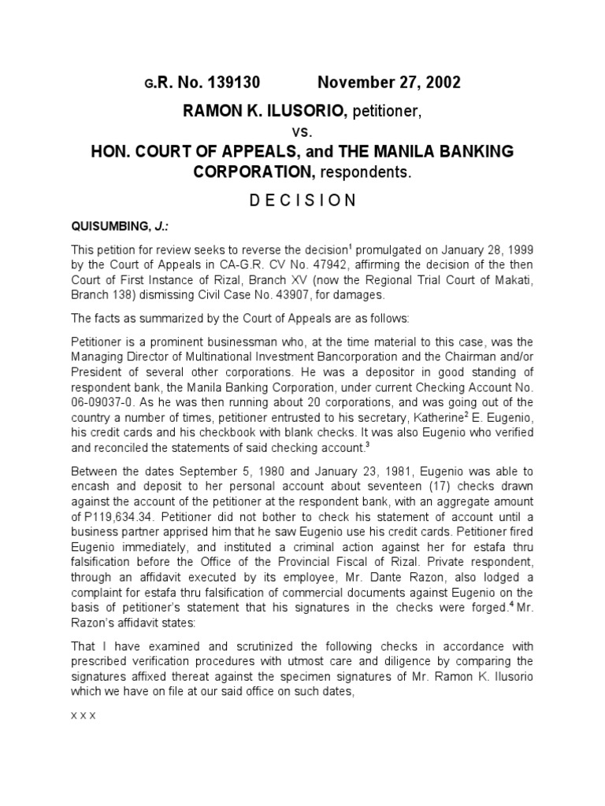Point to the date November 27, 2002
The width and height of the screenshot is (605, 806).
[389, 83]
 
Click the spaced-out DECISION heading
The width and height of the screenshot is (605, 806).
[303, 200]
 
